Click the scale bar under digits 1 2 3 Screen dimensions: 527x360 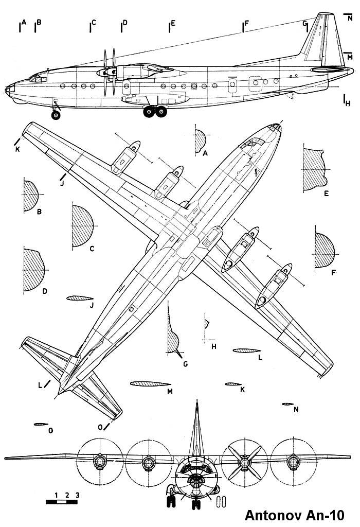tap(62, 501)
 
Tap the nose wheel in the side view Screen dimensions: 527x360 tap(56, 115)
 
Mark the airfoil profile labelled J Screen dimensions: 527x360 tap(78, 298)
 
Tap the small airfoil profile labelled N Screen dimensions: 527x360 tap(287, 404)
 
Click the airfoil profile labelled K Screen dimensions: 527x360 tap(233, 383)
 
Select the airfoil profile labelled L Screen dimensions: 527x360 tap(247, 350)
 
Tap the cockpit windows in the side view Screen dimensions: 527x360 tap(36, 78)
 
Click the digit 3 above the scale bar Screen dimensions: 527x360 tap(77, 494)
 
